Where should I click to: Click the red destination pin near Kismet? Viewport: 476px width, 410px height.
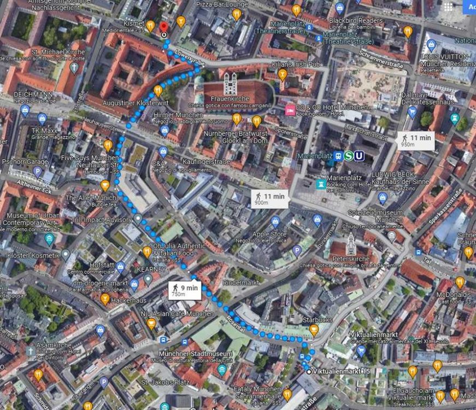click(164, 27)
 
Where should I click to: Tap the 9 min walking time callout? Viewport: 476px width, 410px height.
click(185, 290)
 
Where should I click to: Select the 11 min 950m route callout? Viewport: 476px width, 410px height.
click(416, 141)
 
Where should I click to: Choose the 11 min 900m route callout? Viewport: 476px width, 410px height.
click(269, 199)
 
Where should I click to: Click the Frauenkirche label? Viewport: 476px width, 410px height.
click(230, 98)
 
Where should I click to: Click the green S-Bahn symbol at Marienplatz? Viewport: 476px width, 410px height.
click(348, 156)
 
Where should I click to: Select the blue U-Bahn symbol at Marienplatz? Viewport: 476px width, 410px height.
click(359, 156)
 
